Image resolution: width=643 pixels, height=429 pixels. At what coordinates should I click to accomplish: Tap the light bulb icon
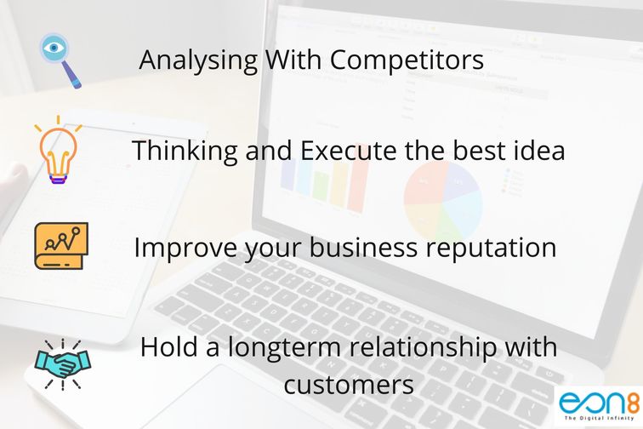click(x=58, y=150)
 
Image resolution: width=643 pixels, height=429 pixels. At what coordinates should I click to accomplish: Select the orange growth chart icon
click(x=61, y=246)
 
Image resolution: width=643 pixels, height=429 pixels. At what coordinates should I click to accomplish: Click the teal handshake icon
click(x=63, y=363)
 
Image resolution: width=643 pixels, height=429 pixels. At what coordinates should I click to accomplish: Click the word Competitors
click(x=407, y=60)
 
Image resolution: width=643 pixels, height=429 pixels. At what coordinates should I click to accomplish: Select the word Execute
click(x=349, y=151)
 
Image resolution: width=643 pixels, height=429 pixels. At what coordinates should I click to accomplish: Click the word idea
click(x=539, y=151)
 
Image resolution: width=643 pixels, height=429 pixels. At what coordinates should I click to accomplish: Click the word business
click(x=363, y=248)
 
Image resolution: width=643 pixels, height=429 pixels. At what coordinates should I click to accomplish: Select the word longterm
click(x=284, y=348)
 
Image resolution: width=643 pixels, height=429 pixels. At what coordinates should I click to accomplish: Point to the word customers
click(x=349, y=385)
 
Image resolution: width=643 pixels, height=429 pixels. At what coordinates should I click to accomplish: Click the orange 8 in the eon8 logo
click(x=634, y=403)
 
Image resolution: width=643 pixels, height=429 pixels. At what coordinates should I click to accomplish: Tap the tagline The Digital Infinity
click(x=600, y=418)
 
